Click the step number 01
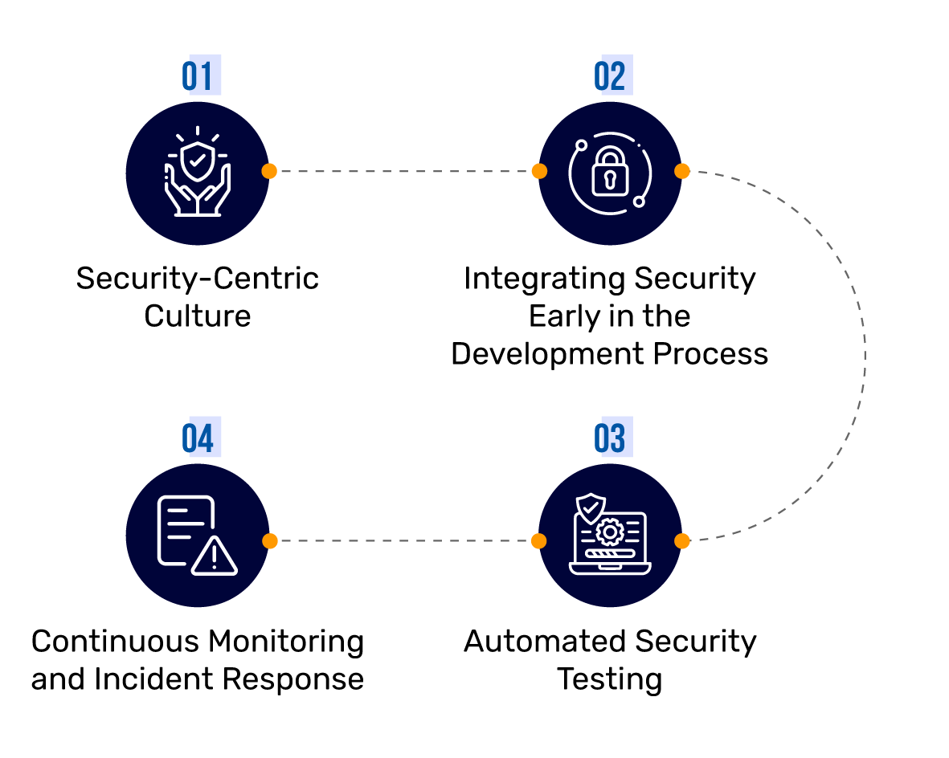coord(198,76)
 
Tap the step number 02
coord(610,76)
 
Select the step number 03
coord(610,439)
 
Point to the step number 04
coord(198,439)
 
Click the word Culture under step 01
coord(198,316)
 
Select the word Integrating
coord(544,279)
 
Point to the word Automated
coord(544,642)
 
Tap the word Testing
coord(610,679)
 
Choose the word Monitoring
coord(286,642)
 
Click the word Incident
coord(153,679)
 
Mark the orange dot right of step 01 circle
coord(269,171)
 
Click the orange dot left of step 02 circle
coord(539,171)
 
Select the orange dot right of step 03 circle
coord(681,540)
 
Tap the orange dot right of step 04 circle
coord(269,540)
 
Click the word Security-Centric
coord(198,279)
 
